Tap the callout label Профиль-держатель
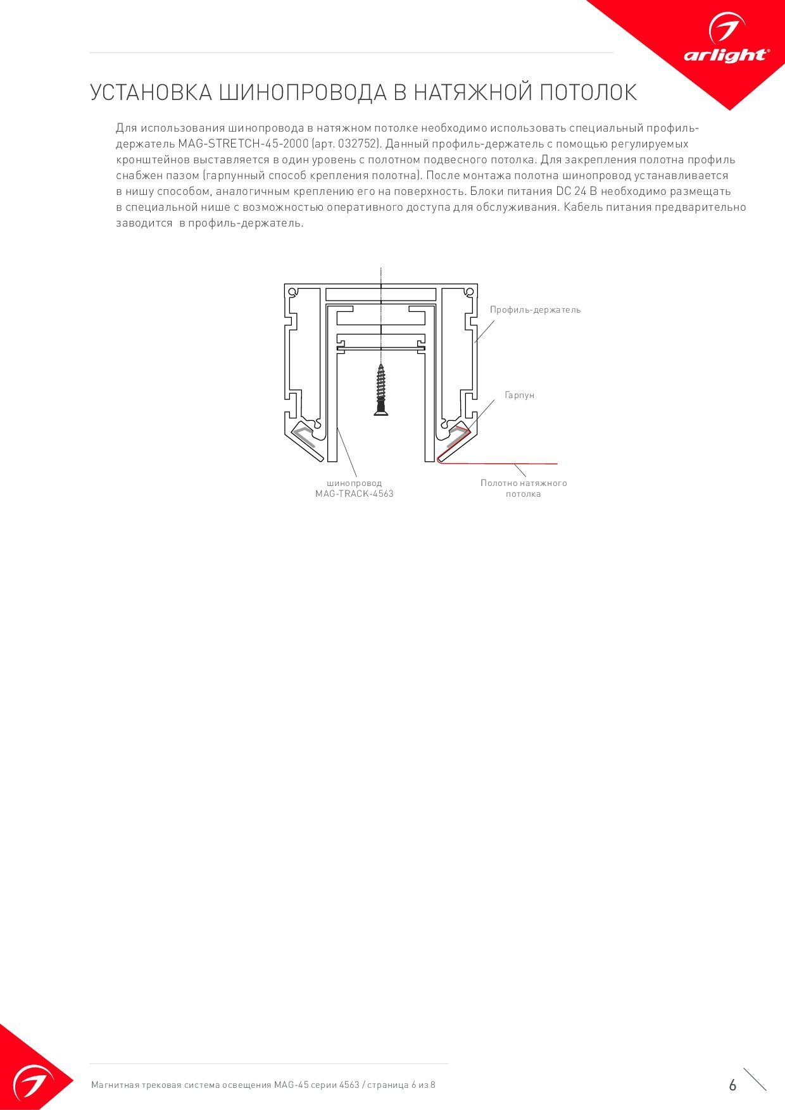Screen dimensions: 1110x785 pos(535,310)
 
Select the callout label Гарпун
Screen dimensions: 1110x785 pos(519,395)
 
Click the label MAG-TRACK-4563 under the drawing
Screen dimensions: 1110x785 pos(355,494)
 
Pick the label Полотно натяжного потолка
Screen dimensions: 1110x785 pos(524,489)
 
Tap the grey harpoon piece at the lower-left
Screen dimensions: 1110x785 pos(304,437)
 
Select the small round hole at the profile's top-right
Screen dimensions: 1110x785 pos(468,292)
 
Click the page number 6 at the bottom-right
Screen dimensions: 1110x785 pos(732,1085)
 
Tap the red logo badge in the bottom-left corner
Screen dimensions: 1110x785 pos(28,1076)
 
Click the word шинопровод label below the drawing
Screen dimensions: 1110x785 pos(355,483)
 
